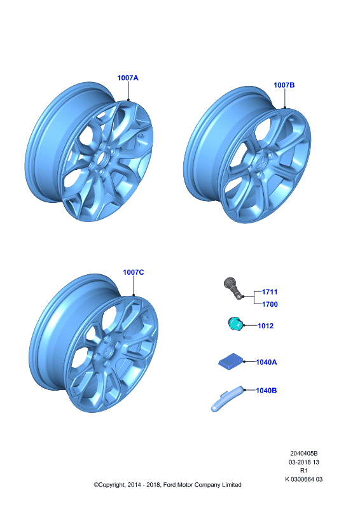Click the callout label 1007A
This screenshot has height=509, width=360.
tap(128, 78)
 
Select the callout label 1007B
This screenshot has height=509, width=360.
tap(284, 85)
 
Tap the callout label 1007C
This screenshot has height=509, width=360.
tap(133, 272)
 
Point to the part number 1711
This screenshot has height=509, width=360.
tap(270, 292)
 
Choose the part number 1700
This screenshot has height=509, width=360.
tap(270, 304)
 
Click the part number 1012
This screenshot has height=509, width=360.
tap(265, 326)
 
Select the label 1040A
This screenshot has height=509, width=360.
tap(267, 362)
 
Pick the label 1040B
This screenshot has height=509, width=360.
tap(267, 391)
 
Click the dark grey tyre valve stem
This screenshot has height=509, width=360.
tap(233, 288)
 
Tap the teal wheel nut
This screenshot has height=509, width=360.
tap(236, 324)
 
